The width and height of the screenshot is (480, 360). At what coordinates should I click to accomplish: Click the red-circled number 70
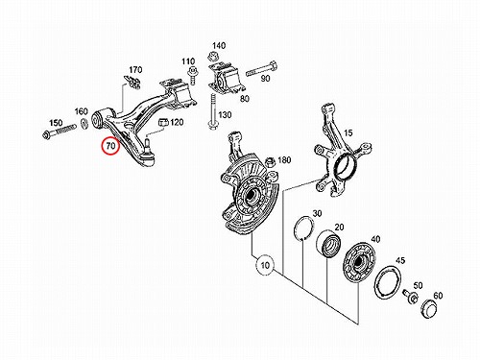point(110,146)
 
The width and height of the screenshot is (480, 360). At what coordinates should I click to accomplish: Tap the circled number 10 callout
point(265,265)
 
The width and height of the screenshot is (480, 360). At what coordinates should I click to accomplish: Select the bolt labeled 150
point(60,132)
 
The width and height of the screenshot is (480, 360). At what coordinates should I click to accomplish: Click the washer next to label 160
point(84,123)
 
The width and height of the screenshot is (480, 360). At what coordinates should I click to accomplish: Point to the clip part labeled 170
point(132,82)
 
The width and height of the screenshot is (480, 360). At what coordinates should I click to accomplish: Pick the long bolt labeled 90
point(261,69)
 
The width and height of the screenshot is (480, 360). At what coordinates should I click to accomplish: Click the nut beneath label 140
point(211,57)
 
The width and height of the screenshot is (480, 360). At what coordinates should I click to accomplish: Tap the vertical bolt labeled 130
point(212,112)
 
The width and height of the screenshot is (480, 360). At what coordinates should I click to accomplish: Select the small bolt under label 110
point(192,75)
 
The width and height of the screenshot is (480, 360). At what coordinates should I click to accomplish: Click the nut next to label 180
point(271,161)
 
